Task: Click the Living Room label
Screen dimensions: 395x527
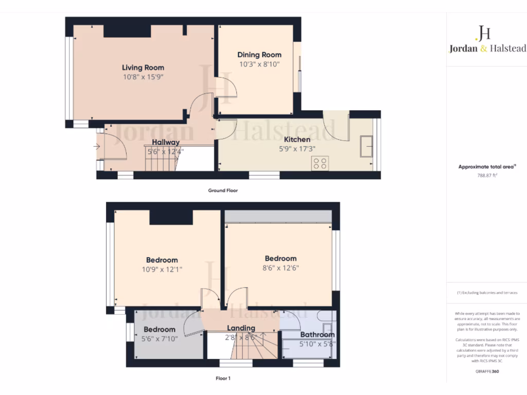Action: pyautogui.click(x=143, y=67)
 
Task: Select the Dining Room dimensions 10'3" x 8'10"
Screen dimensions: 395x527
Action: pyautogui.click(x=259, y=64)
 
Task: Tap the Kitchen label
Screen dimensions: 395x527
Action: pyautogui.click(x=297, y=139)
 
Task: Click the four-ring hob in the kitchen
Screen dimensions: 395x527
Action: pyautogui.click(x=320, y=163)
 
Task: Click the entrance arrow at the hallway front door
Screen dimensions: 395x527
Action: pyautogui.click(x=97, y=147)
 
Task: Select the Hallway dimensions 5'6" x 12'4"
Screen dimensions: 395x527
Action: pyautogui.click(x=165, y=152)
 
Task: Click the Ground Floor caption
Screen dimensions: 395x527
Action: pyautogui.click(x=223, y=190)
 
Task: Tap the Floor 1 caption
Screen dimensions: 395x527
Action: pyautogui.click(x=223, y=378)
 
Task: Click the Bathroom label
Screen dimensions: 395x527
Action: pyautogui.click(x=318, y=335)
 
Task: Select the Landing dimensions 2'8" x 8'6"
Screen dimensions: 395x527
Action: pyautogui.click(x=241, y=338)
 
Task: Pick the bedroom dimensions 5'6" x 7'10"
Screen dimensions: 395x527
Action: pyautogui.click(x=159, y=339)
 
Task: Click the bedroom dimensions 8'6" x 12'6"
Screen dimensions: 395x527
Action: pyautogui.click(x=280, y=268)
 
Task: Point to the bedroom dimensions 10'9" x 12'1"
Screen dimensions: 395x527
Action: pyautogui.click(x=162, y=270)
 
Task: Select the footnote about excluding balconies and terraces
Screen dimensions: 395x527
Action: pyautogui.click(x=486, y=293)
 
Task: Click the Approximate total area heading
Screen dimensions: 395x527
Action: pyautogui.click(x=485, y=167)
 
